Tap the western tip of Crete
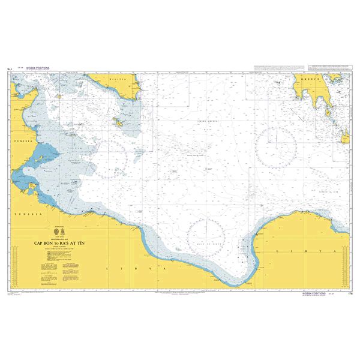point(346,139)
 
